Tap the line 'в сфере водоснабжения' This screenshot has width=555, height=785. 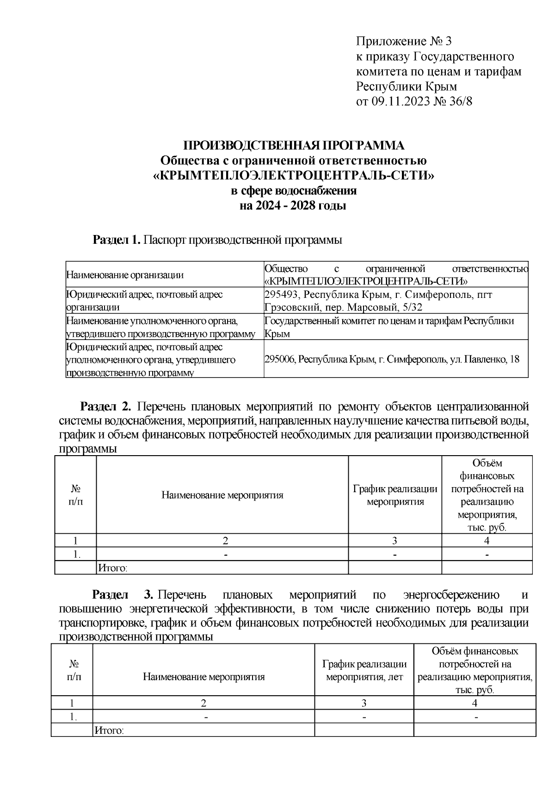click(x=294, y=191)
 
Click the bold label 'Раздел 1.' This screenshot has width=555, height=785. click(x=117, y=240)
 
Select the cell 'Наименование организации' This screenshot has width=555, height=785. click(x=125, y=275)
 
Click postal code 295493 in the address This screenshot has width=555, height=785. click(x=281, y=295)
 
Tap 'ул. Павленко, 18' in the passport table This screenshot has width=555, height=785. click(x=485, y=359)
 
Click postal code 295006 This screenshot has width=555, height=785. click(x=280, y=359)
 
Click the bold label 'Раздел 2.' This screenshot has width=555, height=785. click(x=107, y=407)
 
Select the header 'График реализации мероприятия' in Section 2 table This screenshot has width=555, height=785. click(x=395, y=495)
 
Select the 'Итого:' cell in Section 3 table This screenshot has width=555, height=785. click(x=109, y=730)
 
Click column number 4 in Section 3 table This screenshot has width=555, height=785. click(x=475, y=703)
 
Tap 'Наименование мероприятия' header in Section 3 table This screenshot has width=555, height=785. click(x=203, y=677)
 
